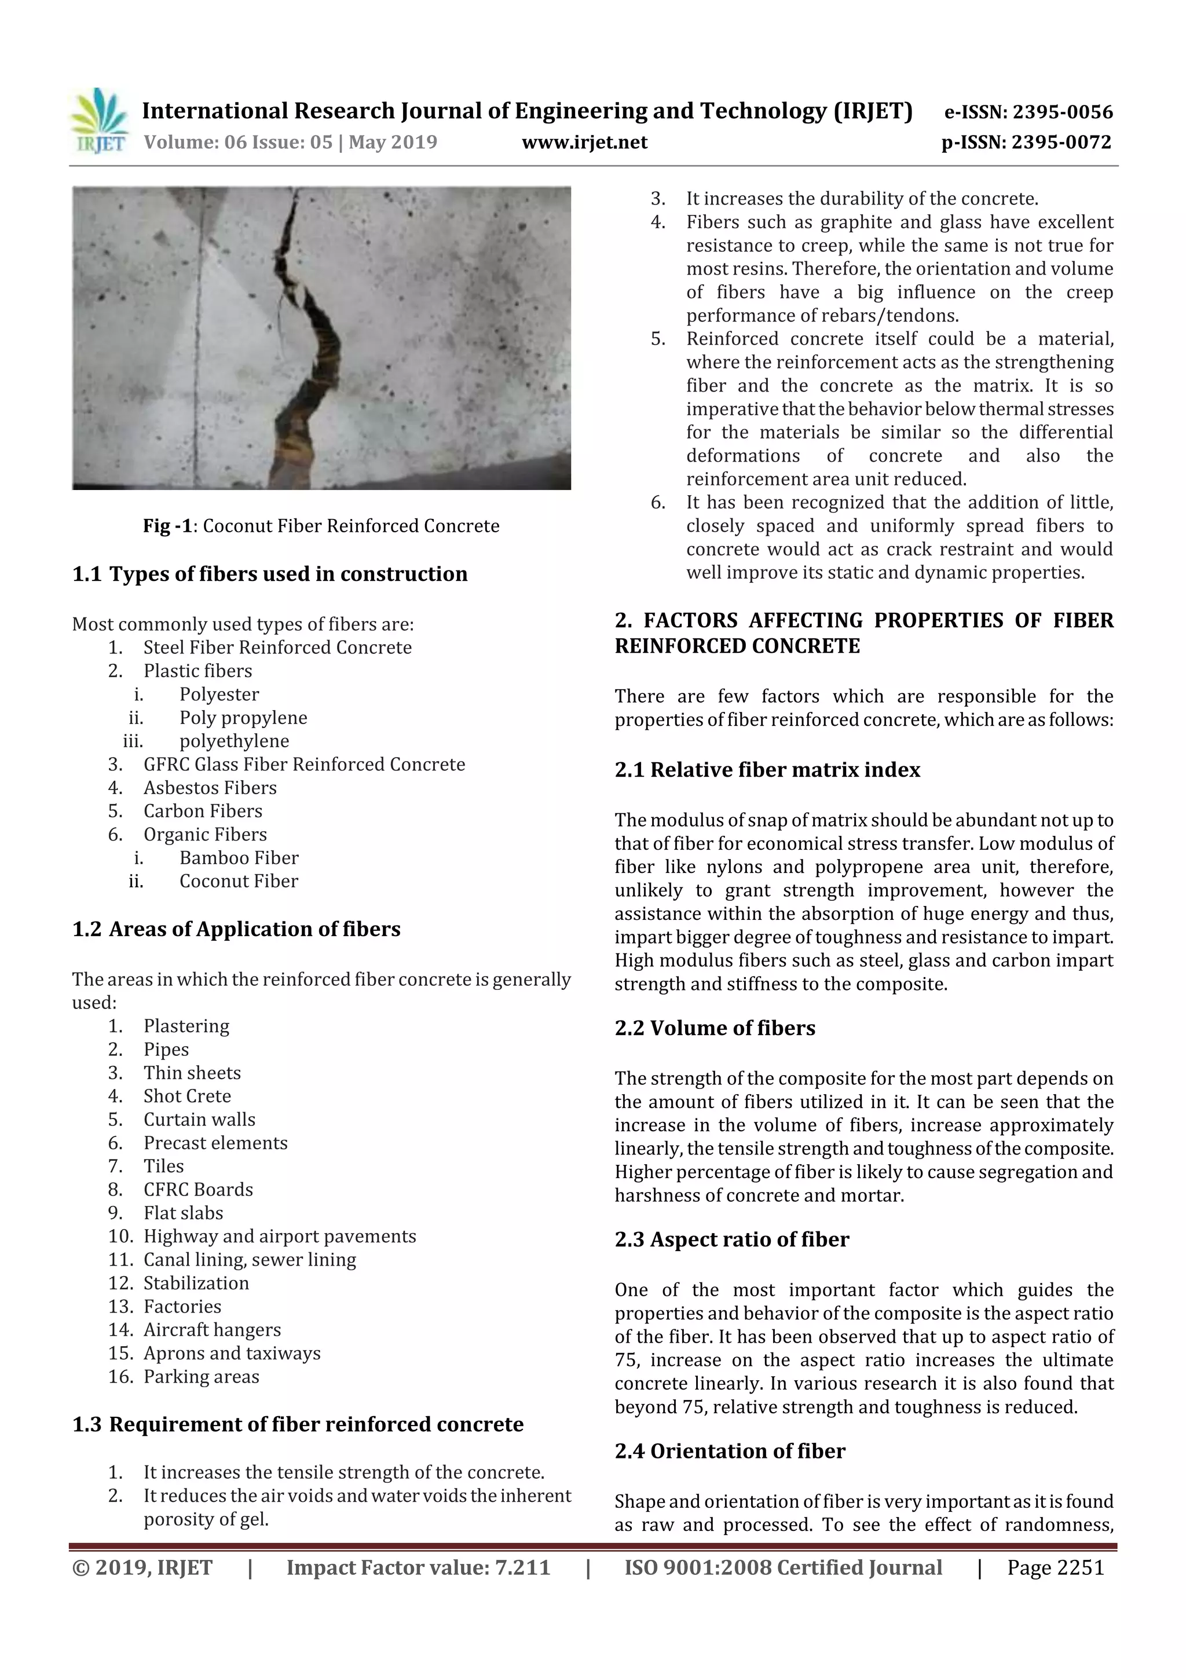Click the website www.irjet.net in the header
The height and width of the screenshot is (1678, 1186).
(584, 142)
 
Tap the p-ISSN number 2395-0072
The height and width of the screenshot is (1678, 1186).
(1061, 142)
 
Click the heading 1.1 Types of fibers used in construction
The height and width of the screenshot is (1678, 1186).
(270, 573)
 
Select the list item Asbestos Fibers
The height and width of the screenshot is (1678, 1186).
(210, 788)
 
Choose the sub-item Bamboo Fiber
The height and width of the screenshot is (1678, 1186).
(239, 858)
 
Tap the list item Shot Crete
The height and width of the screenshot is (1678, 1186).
(187, 1096)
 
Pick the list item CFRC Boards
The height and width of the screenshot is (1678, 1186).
(198, 1190)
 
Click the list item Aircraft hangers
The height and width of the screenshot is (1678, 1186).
(212, 1330)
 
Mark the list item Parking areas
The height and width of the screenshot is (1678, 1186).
(201, 1377)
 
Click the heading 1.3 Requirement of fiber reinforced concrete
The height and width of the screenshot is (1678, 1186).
(298, 1424)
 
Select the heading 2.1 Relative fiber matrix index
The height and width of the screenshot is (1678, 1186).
(767, 770)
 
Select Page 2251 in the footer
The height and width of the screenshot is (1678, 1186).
(1055, 1567)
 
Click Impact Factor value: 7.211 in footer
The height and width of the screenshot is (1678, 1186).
(418, 1567)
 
